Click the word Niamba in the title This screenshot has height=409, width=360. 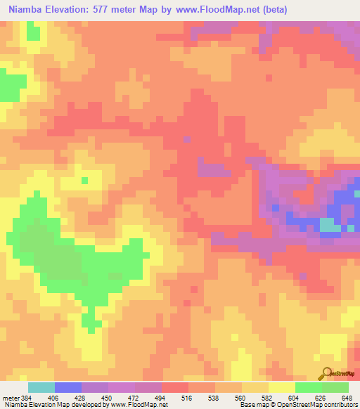pyautogui.click(x=27, y=11)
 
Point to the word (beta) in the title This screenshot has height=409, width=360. pyautogui.click(x=271, y=11)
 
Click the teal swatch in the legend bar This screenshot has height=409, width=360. pyautogui.click(x=41, y=387)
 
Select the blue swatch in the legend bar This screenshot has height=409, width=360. pyautogui.click(x=67, y=387)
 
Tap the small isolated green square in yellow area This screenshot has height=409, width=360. pyautogui.click(x=84, y=180)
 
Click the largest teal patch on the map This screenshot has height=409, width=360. pyautogui.click(x=329, y=225)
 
